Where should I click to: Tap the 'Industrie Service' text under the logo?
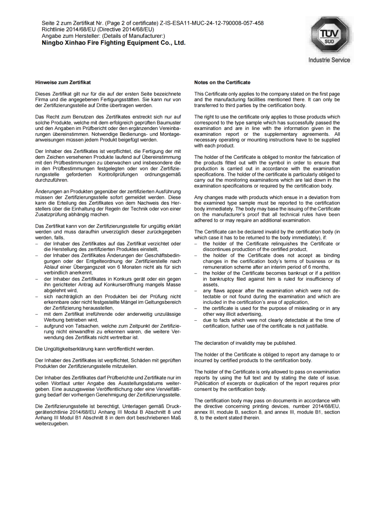point(329,60)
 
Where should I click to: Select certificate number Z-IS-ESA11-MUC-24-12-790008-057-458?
point(212,23)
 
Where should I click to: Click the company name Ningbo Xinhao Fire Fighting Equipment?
point(113,43)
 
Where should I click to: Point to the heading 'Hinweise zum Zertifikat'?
point(63,82)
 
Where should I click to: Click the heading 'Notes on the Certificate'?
point(222,82)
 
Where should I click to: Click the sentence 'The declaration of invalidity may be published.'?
point(245,343)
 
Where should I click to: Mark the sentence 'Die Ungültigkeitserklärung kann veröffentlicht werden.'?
point(95,349)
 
